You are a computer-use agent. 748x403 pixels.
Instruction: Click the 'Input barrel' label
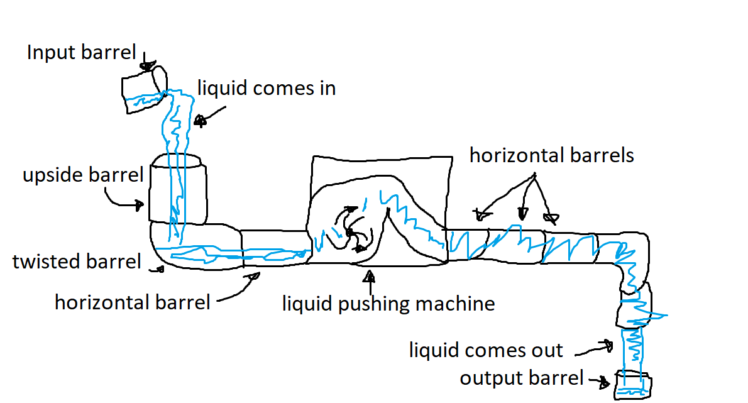click(81, 52)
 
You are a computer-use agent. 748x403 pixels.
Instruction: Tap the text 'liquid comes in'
click(267, 88)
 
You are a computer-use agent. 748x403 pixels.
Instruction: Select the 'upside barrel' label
click(83, 174)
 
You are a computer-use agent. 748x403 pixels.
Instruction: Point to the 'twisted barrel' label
click(77, 261)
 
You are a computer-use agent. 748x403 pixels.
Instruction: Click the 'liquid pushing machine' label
click(388, 304)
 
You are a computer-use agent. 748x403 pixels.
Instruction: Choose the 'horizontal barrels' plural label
click(551, 155)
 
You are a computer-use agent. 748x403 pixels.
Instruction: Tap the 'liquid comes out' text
click(486, 350)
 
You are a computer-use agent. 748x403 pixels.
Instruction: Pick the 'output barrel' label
click(522, 378)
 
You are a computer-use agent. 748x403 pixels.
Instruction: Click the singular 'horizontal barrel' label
click(132, 302)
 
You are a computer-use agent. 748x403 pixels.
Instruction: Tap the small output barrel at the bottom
click(632, 384)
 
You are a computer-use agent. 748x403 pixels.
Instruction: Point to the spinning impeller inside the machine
click(350, 232)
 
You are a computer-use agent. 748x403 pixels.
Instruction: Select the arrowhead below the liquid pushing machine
click(370, 275)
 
